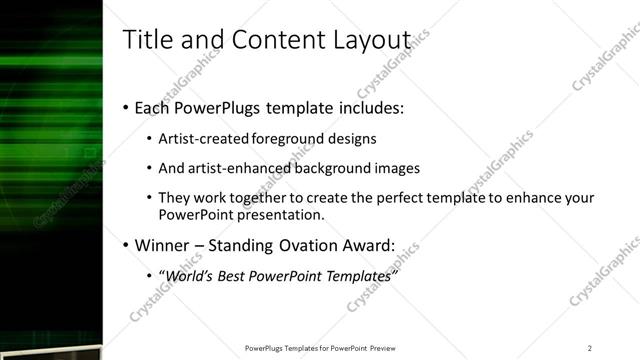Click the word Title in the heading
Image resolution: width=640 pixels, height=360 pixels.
click(x=146, y=39)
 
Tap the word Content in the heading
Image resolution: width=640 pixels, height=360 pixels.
click(x=276, y=39)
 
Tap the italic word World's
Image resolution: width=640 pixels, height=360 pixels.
click(x=189, y=276)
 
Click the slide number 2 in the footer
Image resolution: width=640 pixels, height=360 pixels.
click(x=590, y=348)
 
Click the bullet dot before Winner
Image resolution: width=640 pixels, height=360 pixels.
click(x=125, y=246)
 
